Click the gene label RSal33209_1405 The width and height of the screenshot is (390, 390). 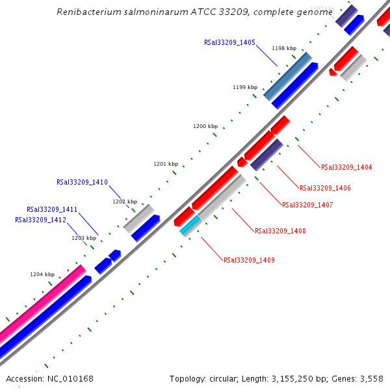[229, 42]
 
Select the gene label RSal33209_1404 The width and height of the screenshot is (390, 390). [346, 167]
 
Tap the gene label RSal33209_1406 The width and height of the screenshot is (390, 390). [325, 188]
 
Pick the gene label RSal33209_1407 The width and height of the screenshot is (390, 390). [307, 205]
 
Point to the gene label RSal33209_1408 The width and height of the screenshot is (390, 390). [280, 231]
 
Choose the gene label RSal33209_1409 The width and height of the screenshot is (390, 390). [249, 260]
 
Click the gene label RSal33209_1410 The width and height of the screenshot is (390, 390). [82, 182]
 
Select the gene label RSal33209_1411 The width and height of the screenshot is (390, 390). [52, 209]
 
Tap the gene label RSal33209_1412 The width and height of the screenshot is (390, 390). [40, 220]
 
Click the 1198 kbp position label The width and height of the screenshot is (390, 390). [284, 48]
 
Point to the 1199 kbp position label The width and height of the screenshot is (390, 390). [245, 87]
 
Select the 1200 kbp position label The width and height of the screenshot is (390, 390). [205, 126]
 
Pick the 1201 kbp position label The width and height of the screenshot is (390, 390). [165, 164]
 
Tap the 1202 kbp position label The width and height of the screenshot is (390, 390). [125, 201]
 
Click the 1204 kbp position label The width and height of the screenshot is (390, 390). [42, 274]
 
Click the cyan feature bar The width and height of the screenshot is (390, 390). [190, 225]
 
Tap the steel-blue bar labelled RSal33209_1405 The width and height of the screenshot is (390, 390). [287, 77]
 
